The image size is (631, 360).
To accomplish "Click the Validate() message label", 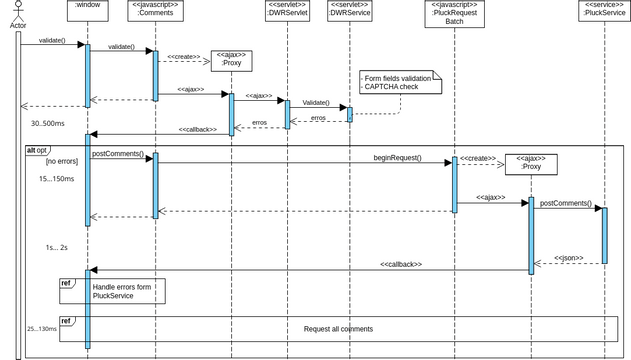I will [316, 102].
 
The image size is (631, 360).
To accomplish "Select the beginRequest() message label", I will [397, 158].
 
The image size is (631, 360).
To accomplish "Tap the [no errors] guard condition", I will [61, 161].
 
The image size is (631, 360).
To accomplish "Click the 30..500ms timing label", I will [47, 123].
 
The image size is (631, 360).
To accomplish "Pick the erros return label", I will [317, 118].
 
